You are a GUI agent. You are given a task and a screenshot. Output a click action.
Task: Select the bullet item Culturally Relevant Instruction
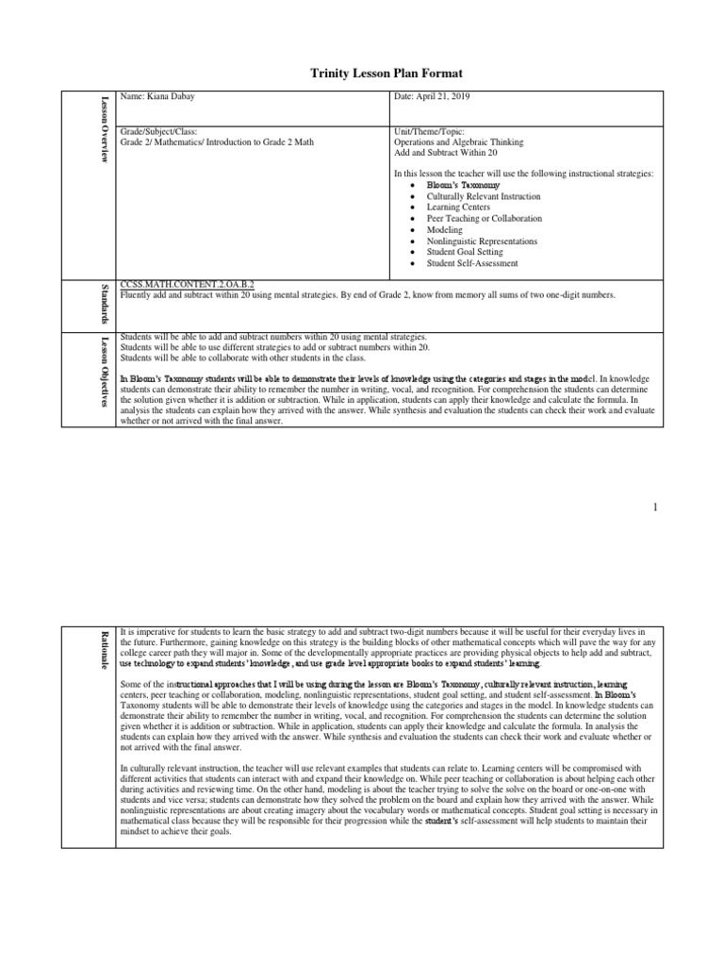pyautogui.click(x=484, y=196)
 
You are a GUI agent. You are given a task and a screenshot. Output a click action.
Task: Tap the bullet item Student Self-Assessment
pyautogui.click(x=472, y=263)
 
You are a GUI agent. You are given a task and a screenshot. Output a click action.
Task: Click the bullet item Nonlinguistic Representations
pyautogui.click(x=482, y=241)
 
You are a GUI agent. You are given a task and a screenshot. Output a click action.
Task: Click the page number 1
pyautogui.click(x=654, y=508)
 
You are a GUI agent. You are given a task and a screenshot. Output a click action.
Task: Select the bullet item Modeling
pyautogui.click(x=445, y=230)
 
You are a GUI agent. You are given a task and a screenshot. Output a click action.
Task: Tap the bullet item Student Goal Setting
pyautogui.click(x=465, y=252)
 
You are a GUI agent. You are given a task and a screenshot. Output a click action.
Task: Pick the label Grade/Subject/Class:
pyautogui.click(x=158, y=131)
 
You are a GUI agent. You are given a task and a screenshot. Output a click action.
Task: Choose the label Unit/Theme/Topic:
pyautogui.click(x=428, y=131)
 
